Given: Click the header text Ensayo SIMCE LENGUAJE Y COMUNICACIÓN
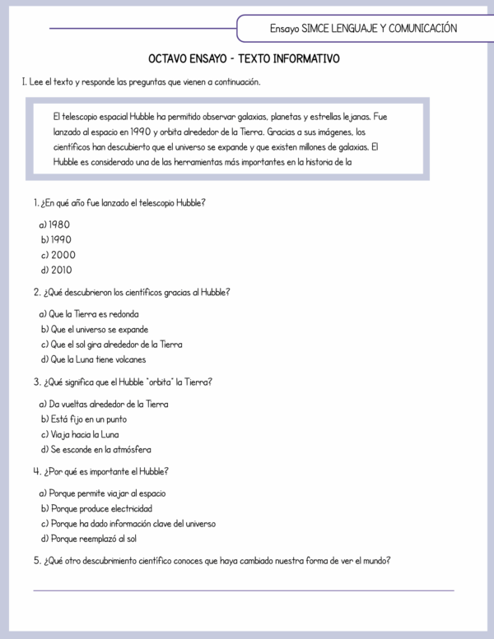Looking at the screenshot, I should (x=363, y=28).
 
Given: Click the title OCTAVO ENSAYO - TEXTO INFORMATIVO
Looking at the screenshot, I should (x=244, y=60).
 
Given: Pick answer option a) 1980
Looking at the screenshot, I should (x=54, y=224).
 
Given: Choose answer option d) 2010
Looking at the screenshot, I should (x=56, y=270).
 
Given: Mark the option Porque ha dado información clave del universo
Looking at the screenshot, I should (x=128, y=524).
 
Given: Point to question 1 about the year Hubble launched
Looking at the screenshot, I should (x=119, y=202).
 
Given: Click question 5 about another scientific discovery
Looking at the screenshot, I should (x=212, y=561).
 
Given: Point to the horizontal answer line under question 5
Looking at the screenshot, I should (x=244, y=590).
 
